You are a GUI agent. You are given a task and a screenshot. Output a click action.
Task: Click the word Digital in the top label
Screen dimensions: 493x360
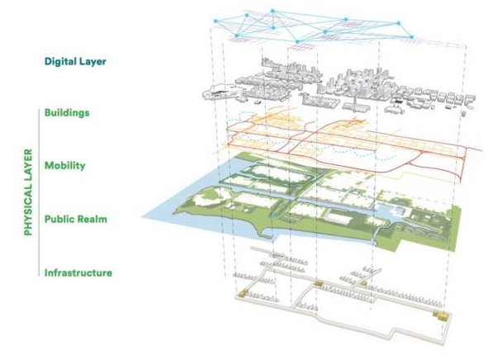tap(59, 61)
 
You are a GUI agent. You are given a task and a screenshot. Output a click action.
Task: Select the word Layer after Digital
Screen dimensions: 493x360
tap(92, 62)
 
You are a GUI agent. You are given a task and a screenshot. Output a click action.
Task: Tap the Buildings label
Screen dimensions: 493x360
tap(67, 113)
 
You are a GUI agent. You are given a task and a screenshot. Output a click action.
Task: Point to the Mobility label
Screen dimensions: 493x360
tap(64, 166)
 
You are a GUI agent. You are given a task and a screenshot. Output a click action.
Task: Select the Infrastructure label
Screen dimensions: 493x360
tap(78, 272)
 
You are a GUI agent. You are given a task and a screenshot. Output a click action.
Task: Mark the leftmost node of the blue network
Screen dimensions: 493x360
tap(216, 21)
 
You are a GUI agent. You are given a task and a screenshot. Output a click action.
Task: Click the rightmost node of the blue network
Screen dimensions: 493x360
tap(411, 37)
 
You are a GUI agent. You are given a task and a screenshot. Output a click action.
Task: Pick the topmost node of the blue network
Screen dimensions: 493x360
tap(273, 11)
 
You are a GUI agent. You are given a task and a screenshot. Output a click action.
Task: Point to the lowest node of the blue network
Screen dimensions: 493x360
tap(297, 41)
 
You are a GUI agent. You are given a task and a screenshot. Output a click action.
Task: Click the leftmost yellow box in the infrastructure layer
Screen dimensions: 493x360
tap(244, 293)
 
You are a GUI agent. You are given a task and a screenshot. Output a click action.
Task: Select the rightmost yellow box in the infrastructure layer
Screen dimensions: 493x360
tap(443, 316)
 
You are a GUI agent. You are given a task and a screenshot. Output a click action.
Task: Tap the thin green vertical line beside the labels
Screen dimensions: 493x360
tap(39, 192)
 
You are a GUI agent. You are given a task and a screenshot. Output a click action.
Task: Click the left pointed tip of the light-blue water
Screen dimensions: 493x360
tap(142, 216)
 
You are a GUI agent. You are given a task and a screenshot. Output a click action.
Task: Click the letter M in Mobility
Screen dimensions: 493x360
tap(49, 165)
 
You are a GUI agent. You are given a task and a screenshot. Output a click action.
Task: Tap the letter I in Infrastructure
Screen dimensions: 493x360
tap(46, 272)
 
